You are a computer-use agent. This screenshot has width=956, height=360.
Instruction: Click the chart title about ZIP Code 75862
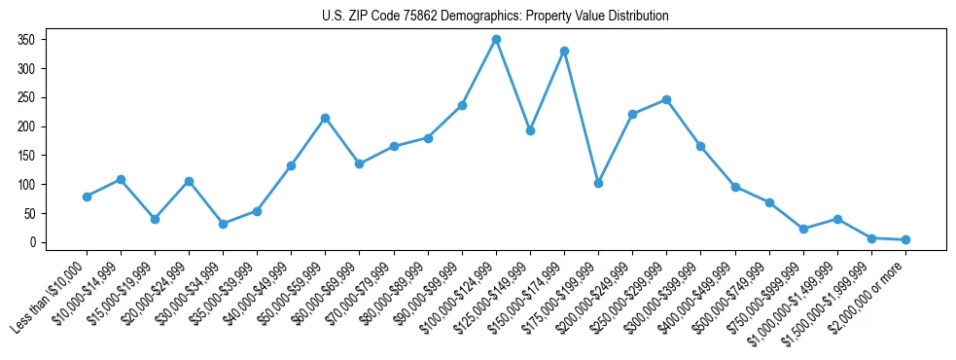495,17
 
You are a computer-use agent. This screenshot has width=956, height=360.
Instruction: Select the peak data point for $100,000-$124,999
496,40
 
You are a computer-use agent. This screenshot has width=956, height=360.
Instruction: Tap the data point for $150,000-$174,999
564,51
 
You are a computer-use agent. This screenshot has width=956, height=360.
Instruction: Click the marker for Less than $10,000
87,197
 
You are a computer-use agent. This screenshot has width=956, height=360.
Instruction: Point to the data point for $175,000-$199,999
598,183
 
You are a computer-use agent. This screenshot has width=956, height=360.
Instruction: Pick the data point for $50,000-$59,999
325,118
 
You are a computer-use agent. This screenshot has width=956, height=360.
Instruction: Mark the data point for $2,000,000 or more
905,239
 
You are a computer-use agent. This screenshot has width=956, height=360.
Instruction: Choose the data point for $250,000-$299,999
666,99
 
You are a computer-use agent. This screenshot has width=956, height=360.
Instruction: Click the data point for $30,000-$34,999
223,224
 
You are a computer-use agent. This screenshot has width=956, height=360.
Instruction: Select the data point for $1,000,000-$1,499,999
837,219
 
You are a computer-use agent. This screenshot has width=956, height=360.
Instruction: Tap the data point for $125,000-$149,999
530,130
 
